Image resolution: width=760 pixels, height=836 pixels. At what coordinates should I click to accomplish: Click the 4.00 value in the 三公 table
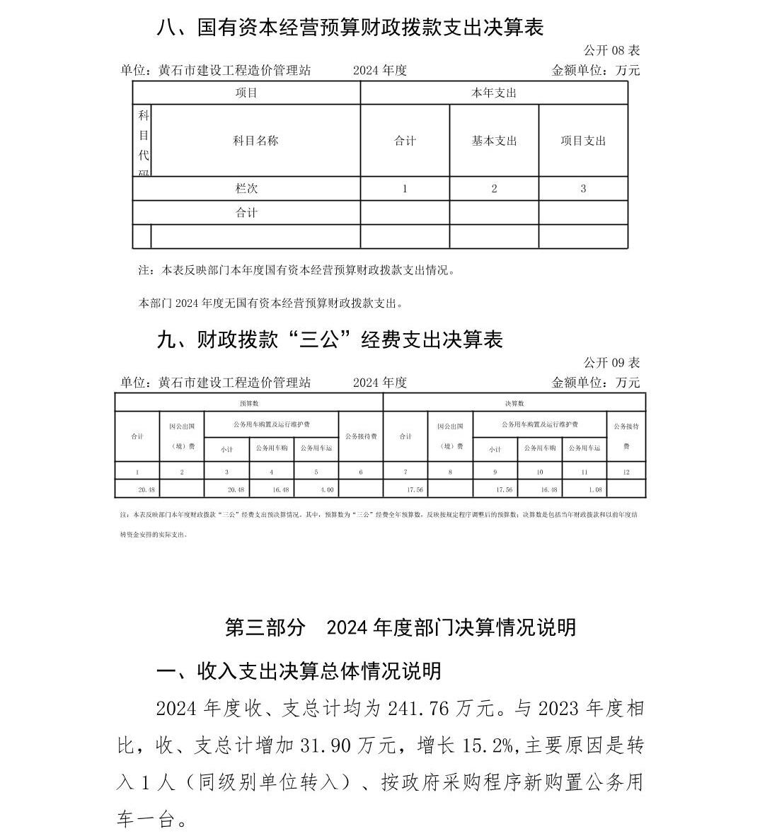327,489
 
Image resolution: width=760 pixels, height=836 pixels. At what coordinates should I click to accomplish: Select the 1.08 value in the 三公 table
594,489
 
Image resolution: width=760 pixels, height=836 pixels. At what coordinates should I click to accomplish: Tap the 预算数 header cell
248,403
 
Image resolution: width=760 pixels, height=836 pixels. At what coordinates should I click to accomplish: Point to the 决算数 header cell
514,403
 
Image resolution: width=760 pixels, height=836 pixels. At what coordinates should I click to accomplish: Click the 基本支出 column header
494,141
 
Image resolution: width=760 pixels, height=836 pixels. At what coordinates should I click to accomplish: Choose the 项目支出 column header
583,141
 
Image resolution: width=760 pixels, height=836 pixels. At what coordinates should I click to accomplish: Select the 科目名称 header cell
255,141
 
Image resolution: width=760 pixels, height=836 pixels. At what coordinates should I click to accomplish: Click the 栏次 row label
246,189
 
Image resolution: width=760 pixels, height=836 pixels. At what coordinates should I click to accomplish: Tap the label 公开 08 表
611,50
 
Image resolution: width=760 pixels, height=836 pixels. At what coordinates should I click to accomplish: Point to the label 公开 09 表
611,363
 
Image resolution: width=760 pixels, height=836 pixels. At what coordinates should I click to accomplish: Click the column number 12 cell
626,472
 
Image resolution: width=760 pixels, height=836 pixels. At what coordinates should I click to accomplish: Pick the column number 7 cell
405,472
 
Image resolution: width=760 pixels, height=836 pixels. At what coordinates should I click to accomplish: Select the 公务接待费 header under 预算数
361,436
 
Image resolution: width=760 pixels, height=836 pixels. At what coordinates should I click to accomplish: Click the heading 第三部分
265,627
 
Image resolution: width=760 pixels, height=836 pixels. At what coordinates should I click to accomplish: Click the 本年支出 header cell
494,93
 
